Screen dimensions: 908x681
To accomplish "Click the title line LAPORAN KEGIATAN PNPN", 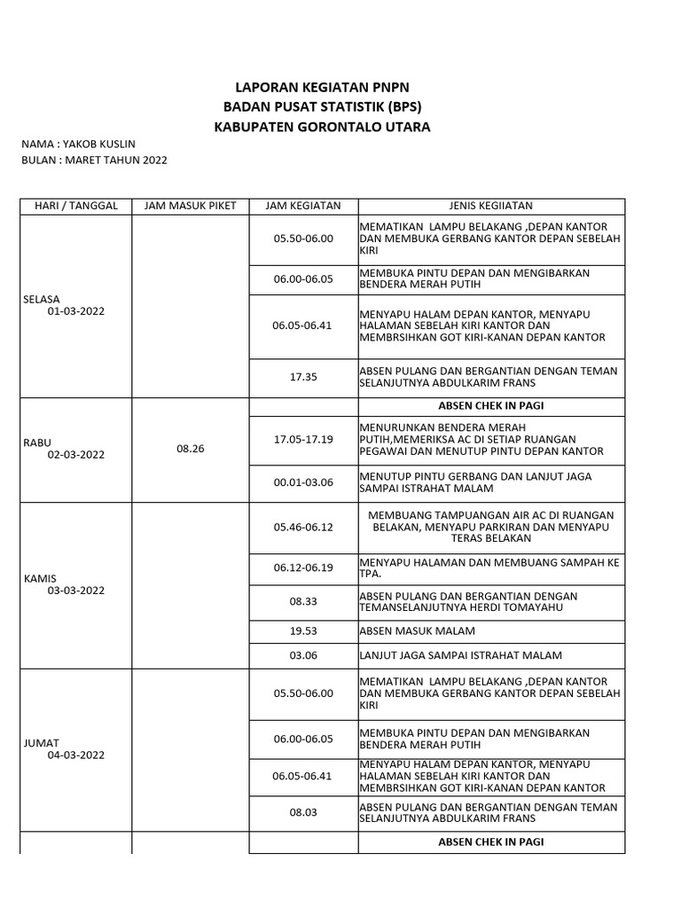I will click(x=322, y=87).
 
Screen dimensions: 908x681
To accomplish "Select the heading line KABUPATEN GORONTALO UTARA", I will click(x=322, y=127).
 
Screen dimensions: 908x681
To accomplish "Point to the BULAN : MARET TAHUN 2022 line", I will click(x=94, y=160).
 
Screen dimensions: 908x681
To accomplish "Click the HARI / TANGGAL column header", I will click(x=75, y=206).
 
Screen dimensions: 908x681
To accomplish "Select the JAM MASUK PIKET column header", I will click(x=191, y=206).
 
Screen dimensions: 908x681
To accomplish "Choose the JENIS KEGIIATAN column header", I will click(x=491, y=206).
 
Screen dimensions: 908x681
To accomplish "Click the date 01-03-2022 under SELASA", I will click(x=76, y=311).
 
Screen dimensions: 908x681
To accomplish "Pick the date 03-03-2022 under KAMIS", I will click(x=76, y=590).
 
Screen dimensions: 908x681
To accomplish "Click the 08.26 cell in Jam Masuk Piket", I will click(x=191, y=449).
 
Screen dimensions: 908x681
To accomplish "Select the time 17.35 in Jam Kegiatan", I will click(x=303, y=377).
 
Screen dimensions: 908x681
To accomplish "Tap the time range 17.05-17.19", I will click(x=303, y=439).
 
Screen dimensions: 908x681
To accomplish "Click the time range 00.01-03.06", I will click(x=303, y=482).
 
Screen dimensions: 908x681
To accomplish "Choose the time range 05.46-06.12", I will click(x=303, y=527).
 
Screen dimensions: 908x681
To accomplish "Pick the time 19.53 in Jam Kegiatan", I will click(x=303, y=631).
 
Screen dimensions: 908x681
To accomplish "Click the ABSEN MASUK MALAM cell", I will click(x=417, y=631).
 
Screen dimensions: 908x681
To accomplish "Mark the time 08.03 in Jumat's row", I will click(x=303, y=811).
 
